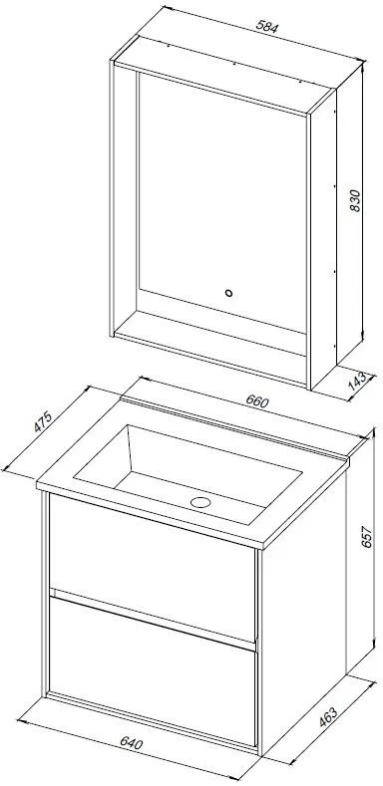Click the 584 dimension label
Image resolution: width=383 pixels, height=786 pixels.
pos(266,26)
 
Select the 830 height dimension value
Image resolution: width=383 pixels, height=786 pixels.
pos(355,200)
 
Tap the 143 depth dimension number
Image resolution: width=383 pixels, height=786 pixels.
pos(357,382)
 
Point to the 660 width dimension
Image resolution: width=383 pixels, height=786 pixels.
pos(258,400)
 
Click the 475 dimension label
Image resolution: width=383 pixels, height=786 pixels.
pos(43,421)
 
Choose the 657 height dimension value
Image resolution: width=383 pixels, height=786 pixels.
pos(368,536)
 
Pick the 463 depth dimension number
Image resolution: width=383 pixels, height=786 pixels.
pos(328,717)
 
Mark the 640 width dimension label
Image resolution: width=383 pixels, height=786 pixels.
pos(132,742)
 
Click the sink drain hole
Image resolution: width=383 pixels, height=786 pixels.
pos(199,502)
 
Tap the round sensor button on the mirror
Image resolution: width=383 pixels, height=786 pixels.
pos(228,293)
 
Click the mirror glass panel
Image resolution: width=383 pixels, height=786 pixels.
pos(222,200)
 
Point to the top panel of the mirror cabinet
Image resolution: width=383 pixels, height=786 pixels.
pos(224,76)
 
